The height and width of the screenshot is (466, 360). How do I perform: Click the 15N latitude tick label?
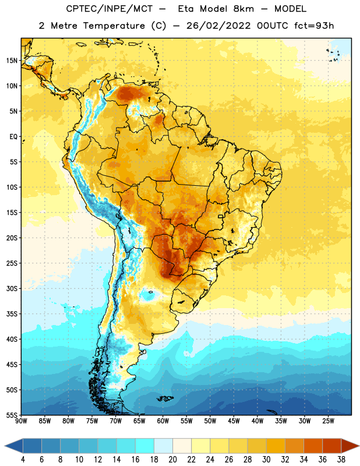(12, 61)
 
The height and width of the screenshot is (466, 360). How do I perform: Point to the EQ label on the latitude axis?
(13, 137)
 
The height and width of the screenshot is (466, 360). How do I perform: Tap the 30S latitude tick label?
(12, 288)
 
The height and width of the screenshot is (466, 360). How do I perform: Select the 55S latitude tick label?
(12, 415)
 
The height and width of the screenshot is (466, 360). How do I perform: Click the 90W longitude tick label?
(21, 421)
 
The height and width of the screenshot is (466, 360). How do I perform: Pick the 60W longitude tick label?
(163, 421)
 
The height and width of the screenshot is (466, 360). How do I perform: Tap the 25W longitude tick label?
(328, 421)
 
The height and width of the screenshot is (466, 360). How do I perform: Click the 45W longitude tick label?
(234, 421)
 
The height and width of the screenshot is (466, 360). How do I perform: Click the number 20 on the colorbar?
(172, 460)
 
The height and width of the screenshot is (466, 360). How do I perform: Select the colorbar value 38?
(341, 460)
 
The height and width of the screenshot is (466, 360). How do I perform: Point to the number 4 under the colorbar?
(23, 460)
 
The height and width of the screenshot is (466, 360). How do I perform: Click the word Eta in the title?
(185, 9)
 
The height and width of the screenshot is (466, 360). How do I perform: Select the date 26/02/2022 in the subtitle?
(218, 26)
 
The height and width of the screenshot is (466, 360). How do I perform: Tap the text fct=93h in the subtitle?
(314, 26)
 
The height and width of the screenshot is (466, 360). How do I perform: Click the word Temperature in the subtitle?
(114, 26)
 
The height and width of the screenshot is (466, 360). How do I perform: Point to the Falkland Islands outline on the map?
(165, 398)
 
